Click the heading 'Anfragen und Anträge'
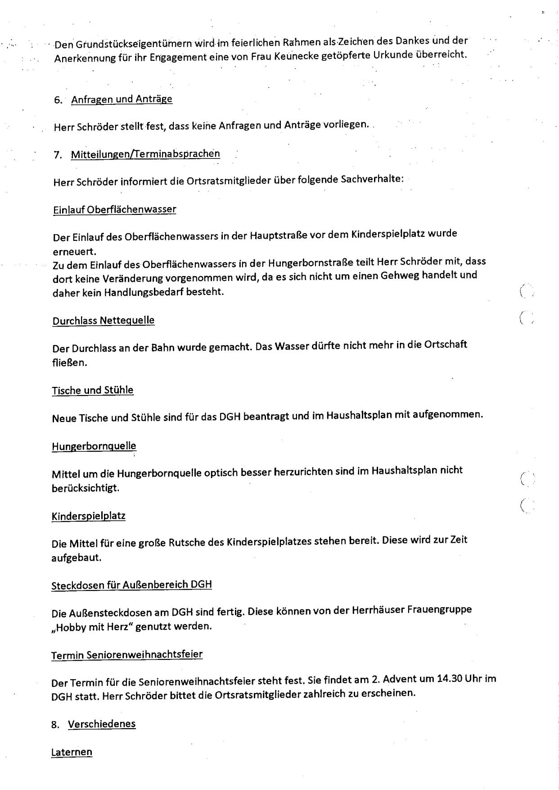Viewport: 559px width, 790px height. point(122,99)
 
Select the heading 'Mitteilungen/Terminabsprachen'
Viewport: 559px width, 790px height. point(145,154)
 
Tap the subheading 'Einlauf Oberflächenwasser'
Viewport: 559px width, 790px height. point(114,209)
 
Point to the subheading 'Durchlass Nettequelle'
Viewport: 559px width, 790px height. point(104,321)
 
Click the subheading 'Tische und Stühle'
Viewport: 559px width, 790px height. point(93,390)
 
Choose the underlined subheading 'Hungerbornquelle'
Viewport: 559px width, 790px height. point(94,446)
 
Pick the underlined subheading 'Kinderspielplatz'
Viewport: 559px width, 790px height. point(89,516)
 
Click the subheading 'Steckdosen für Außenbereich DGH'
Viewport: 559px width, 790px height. point(131,585)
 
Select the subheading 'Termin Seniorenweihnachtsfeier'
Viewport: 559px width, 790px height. point(127,654)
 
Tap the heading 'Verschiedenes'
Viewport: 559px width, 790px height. point(102,724)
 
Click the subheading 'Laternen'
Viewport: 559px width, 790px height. point(72,752)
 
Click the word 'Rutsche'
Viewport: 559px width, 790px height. point(186,542)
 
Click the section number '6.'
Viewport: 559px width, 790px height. point(58,100)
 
